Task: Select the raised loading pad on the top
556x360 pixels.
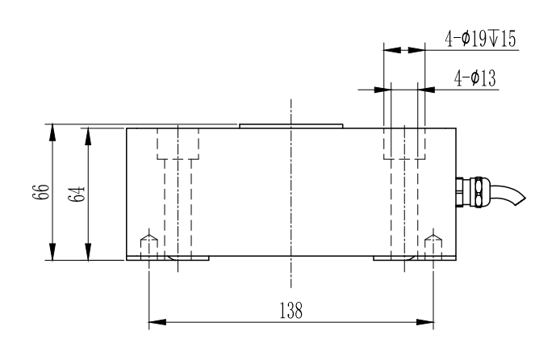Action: (292, 126)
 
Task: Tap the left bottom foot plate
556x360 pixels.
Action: (168, 258)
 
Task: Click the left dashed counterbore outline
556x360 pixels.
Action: (178, 144)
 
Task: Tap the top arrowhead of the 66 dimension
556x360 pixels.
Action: (53, 130)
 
